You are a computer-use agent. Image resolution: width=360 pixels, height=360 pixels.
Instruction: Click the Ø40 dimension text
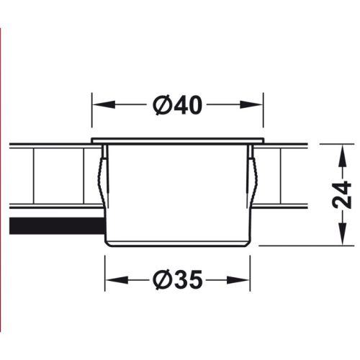coord(177,105)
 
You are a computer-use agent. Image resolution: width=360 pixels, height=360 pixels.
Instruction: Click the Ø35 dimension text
coord(177,278)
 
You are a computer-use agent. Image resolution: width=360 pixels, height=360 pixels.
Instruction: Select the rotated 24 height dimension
coord(345,194)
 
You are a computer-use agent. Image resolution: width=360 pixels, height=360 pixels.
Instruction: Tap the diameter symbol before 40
coord(162,105)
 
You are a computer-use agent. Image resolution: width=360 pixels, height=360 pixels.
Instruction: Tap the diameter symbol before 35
coord(162,278)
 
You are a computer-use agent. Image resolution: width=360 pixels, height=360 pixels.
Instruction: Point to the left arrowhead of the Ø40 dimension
coord(96,105)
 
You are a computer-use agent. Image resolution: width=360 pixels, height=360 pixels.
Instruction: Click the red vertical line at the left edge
coord(1,180)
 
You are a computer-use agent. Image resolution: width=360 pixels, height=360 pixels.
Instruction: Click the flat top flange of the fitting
coord(177,139)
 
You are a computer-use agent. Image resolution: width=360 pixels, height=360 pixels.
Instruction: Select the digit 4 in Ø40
coord(180,105)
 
